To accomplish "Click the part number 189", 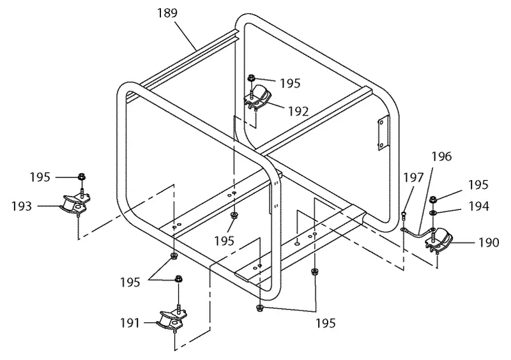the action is tap(167, 13).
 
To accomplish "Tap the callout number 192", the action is tap(298, 112).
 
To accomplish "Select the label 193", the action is tap(22, 206).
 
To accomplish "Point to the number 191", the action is tap(130, 323).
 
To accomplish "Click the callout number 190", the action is tap(489, 243).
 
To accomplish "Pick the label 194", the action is tap(478, 206).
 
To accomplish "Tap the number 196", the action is tap(442, 157).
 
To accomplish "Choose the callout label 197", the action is tap(413, 178).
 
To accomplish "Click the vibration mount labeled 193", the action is tap(75, 205).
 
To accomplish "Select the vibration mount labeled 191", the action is tap(171, 320).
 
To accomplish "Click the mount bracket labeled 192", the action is tap(257, 97).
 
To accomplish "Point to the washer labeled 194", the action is tap(433, 213).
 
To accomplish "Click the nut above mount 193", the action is tap(82, 177).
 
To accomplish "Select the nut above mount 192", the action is tap(251, 78).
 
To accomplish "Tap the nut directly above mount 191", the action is tap(178, 279).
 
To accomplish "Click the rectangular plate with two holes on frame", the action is tap(382, 133).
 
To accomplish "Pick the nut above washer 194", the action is tap(433, 199).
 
